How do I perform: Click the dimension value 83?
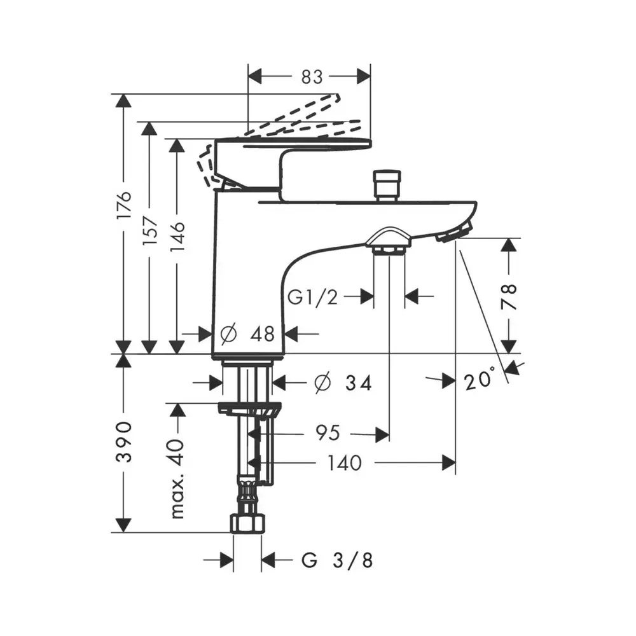coord(312,77)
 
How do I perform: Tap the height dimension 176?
coord(124,205)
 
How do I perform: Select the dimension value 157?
coord(150,230)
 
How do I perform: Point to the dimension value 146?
coord(177,237)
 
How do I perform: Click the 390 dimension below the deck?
coord(124,442)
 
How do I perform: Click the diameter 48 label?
coord(247,334)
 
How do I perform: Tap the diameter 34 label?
coord(343,382)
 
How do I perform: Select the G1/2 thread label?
coord(312,297)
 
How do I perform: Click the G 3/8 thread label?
coord(336,560)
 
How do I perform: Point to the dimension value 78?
coord(509,297)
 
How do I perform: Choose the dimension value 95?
coord(328,432)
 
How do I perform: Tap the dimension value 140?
coord(344,463)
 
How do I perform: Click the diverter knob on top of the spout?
coord(387,185)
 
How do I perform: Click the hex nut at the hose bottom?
coord(247,523)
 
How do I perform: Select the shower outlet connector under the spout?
coord(389,242)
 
